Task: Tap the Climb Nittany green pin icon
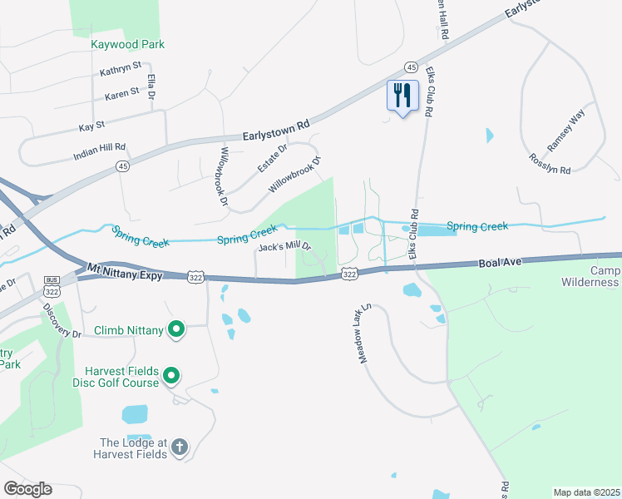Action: [175, 331]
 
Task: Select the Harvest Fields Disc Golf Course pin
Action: [171, 377]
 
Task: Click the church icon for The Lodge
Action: [179, 449]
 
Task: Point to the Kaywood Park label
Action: [128, 44]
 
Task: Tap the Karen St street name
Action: [122, 96]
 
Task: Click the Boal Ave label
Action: [501, 263]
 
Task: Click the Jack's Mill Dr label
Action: [284, 247]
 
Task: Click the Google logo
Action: [27, 488]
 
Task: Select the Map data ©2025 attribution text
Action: [586, 492]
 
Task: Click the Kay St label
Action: [91, 126]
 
